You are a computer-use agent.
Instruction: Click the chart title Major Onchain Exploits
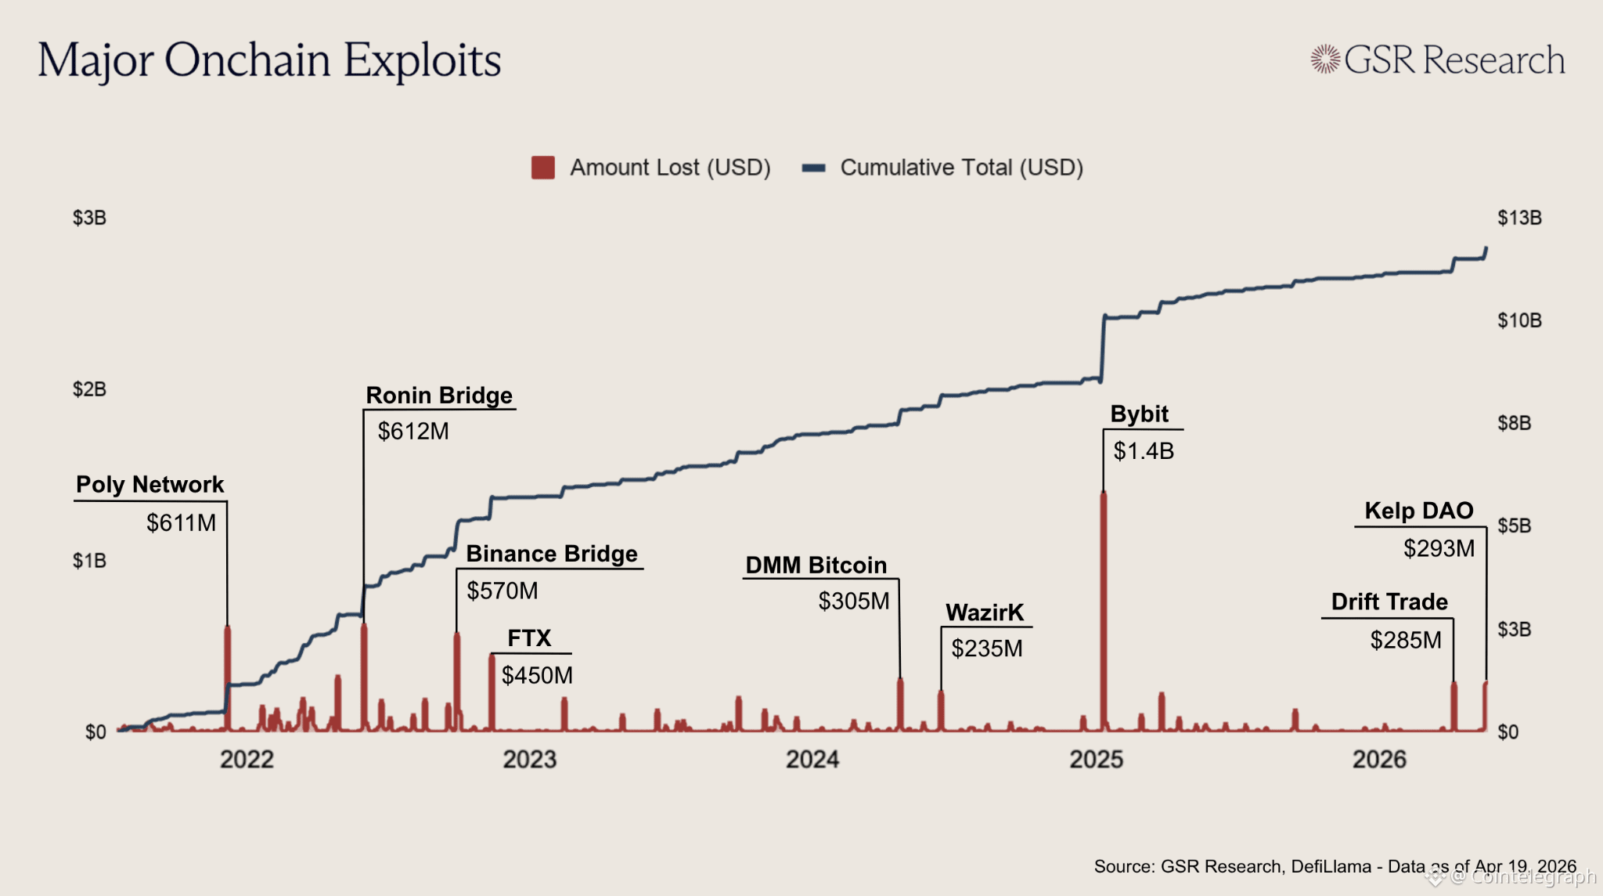[x=269, y=61]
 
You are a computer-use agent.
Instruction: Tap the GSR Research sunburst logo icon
[x=1325, y=60]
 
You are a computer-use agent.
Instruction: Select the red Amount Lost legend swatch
[x=542, y=168]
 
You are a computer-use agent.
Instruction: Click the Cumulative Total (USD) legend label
[x=961, y=168]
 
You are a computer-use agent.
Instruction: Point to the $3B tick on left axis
[x=89, y=218]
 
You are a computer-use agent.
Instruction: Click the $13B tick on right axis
[x=1519, y=218]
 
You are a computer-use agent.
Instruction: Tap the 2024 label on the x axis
[x=812, y=759]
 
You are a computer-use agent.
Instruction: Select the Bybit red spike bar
[x=1104, y=611]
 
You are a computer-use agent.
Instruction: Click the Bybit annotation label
[x=1139, y=414]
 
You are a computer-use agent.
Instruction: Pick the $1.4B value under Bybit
[x=1144, y=451]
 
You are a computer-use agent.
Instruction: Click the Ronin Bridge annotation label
[x=439, y=396]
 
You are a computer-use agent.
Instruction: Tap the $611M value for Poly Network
[x=181, y=522]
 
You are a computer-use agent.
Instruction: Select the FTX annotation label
[x=529, y=638]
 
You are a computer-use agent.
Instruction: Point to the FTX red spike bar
[x=492, y=693]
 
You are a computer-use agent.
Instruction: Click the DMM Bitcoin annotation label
[x=816, y=565]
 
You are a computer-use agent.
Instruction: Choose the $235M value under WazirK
[x=986, y=649]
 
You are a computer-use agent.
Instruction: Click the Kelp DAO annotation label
[x=1418, y=511]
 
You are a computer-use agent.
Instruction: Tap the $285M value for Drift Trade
[x=1405, y=641]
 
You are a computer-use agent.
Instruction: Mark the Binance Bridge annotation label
[x=552, y=554]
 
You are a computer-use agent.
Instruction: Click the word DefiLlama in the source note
[x=1331, y=866]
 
